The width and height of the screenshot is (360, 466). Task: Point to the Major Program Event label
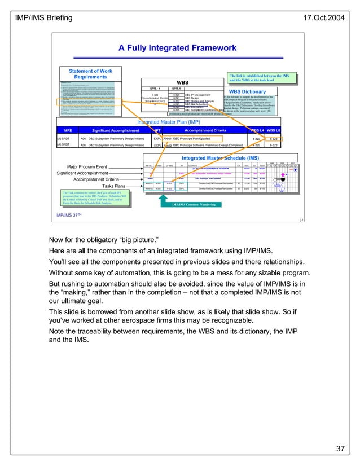pos(88,167)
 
